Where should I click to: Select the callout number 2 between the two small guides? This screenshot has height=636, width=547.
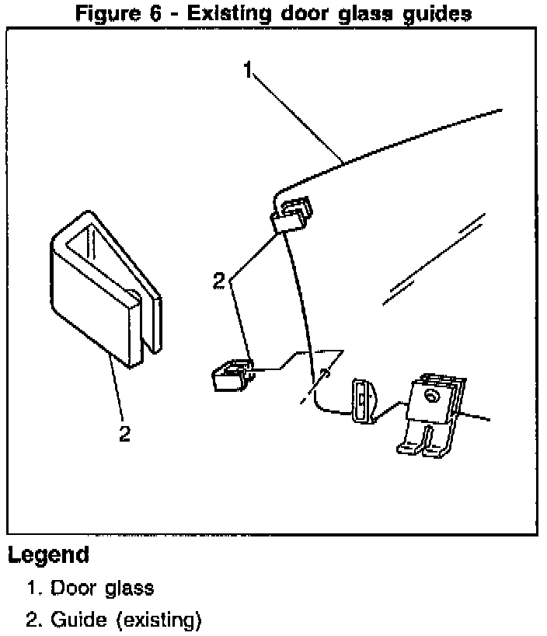[x=220, y=281]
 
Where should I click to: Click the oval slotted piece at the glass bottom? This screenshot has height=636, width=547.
[x=363, y=400]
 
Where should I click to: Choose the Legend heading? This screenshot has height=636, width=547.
[x=48, y=556]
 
